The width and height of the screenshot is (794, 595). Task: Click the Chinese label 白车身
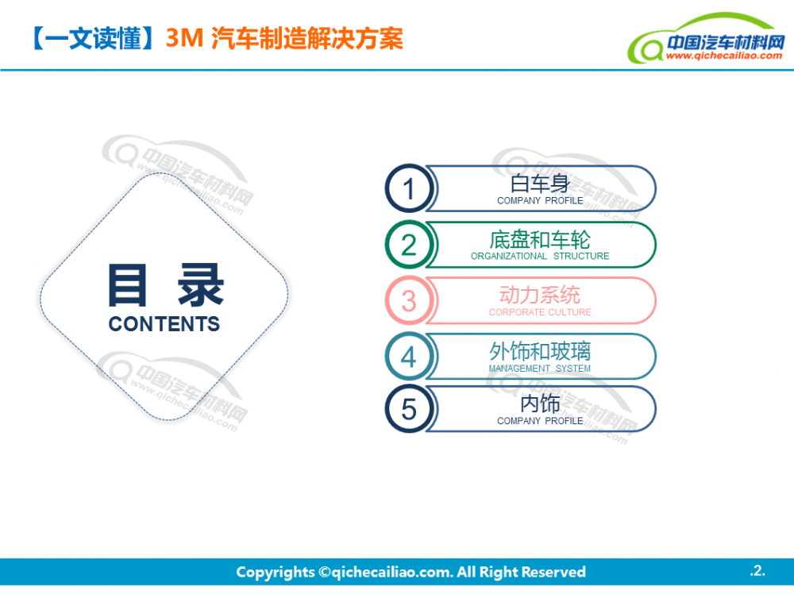(540, 184)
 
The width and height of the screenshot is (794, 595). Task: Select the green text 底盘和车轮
(540, 240)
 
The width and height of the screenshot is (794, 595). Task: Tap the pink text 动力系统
(540, 295)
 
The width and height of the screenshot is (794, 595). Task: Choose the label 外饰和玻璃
(540, 350)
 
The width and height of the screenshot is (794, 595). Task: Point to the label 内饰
(540, 404)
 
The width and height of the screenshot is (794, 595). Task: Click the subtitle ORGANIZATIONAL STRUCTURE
(540, 256)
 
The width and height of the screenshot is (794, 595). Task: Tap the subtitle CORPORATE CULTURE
(540, 312)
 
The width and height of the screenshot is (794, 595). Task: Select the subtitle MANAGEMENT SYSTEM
(540, 369)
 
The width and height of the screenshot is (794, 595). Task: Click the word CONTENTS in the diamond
(164, 324)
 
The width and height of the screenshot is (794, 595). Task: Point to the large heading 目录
(166, 285)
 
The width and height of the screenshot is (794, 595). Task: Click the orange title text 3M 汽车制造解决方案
(284, 38)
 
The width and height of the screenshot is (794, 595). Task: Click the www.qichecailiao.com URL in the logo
(724, 56)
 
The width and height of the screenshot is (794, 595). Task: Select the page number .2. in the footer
(757, 570)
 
